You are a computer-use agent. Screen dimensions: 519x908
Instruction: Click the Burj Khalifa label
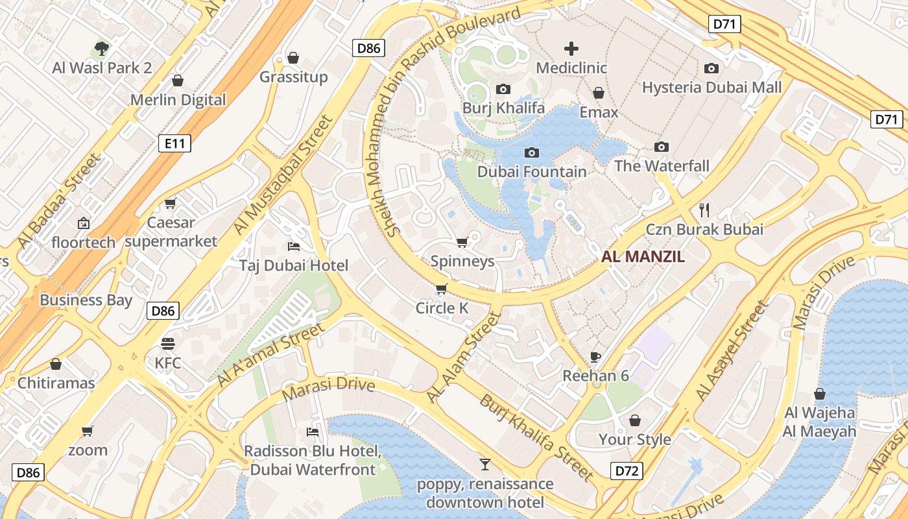503,108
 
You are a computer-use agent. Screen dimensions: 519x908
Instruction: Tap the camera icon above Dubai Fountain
532,153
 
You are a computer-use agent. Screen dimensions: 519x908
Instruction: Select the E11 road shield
174,143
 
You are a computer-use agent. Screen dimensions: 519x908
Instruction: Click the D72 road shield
627,471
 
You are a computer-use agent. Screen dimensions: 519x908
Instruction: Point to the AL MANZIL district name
643,256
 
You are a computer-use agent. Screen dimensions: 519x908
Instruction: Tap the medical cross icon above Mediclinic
571,49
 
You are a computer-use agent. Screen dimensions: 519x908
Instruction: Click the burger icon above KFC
168,344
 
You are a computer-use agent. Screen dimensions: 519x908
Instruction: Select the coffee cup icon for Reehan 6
595,357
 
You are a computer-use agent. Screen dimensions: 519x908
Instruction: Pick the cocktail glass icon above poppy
484,465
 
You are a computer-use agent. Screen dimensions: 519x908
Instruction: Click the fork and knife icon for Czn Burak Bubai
705,210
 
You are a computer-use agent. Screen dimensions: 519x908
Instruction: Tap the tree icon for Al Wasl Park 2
102,48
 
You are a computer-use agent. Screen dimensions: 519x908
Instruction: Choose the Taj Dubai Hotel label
293,265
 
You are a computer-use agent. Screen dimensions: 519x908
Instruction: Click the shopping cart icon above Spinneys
462,243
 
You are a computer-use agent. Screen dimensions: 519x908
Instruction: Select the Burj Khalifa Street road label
536,437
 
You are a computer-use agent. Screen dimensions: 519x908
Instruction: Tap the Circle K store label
442,308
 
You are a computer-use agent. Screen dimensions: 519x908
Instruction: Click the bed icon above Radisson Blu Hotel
313,432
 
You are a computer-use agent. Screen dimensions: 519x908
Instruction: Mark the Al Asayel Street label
731,350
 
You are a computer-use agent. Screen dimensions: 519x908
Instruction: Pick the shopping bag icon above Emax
599,93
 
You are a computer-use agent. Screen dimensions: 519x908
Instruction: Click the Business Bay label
86,300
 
